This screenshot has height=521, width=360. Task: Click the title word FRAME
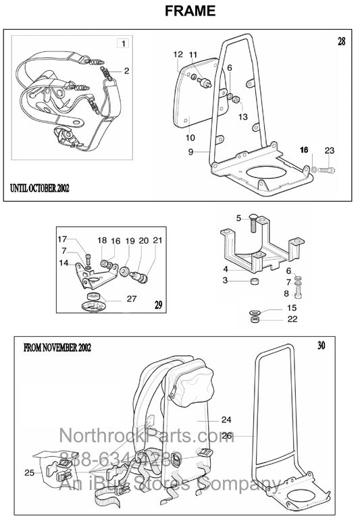coord(180,11)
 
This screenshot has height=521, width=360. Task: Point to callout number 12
coord(178,54)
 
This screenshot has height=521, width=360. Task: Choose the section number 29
coord(158,306)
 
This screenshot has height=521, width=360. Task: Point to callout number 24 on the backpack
coord(226,418)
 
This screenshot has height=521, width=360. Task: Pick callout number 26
coord(228,436)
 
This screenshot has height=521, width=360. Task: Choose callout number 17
coord(62,239)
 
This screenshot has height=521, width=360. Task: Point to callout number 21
coord(157,240)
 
